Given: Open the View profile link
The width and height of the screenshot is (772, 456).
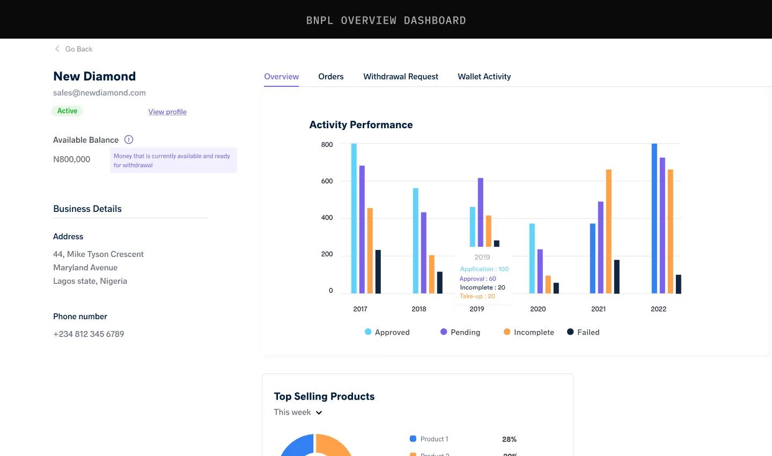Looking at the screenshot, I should pyautogui.click(x=167, y=112).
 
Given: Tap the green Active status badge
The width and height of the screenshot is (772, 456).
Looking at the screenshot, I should pyautogui.click(x=67, y=111).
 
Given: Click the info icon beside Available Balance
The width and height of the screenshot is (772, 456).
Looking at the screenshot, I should pyautogui.click(x=129, y=139).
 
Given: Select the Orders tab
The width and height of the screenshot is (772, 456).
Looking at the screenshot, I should pyautogui.click(x=330, y=77).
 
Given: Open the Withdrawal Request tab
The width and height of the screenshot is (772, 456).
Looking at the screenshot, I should pyautogui.click(x=401, y=77).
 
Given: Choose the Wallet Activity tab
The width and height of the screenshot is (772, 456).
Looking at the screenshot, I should pyautogui.click(x=484, y=77).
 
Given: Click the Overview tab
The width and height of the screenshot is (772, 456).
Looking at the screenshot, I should pyautogui.click(x=281, y=77).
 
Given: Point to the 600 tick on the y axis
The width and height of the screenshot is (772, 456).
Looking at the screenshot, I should pyautogui.click(x=327, y=181).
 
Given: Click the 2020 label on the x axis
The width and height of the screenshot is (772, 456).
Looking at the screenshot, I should pyautogui.click(x=538, y=309).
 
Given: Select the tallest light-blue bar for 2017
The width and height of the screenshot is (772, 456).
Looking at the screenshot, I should pyautogui.click(x=354, y=218).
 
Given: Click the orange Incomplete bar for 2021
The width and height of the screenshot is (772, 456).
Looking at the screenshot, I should pyautogui.click(x=609, y=231).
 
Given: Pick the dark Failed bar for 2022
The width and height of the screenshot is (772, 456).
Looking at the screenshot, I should pyautogui.click(x=678, y=284).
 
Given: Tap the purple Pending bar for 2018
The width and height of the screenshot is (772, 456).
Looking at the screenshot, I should pyautogui.click(x=424, y=253).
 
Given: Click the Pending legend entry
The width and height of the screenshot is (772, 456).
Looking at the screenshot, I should pyautogui.click(x=460, y=332).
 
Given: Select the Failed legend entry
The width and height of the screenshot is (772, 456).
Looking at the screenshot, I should pyautogui.click(x=583, y=332).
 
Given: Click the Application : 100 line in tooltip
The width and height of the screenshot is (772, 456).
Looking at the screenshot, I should pyautogui.click(x=484, y=269).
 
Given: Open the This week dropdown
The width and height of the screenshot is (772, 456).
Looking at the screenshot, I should pyautogui.click(x=298, y=412).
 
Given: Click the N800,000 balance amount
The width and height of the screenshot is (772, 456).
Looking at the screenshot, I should pyautogui.click(x=72, y=159).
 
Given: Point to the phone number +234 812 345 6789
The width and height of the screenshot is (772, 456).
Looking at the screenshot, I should pyautogui.click(x=89, y=334).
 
